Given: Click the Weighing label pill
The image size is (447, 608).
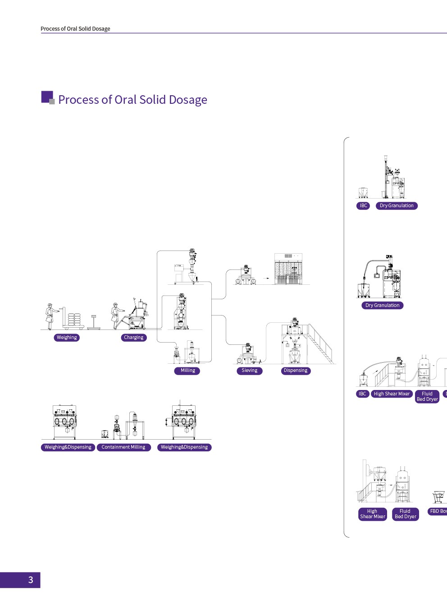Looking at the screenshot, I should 67,338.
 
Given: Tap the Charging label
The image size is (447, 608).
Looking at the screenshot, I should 134,338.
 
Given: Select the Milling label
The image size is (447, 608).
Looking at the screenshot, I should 187,371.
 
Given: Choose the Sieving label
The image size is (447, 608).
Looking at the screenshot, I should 249,371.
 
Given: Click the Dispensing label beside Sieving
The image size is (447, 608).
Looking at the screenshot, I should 296,371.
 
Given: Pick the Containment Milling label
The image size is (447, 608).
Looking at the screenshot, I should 123,447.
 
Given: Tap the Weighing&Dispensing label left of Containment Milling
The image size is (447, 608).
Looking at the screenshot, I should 68,447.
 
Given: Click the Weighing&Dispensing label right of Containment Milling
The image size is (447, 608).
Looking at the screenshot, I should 184,447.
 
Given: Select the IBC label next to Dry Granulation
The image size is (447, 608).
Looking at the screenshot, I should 363,206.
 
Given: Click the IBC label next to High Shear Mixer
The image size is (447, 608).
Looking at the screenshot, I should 362,394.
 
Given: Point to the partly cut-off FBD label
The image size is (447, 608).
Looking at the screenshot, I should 437,511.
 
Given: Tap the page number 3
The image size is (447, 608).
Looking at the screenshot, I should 31,580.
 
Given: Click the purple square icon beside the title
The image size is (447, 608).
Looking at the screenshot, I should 47,97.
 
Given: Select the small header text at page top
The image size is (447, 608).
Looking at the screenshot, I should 75,29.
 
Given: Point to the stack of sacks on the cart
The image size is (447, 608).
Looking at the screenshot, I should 74,320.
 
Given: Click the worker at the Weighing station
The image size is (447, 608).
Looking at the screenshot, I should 50,316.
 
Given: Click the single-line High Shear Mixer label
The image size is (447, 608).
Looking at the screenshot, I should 392,394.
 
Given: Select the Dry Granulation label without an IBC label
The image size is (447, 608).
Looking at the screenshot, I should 382,306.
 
